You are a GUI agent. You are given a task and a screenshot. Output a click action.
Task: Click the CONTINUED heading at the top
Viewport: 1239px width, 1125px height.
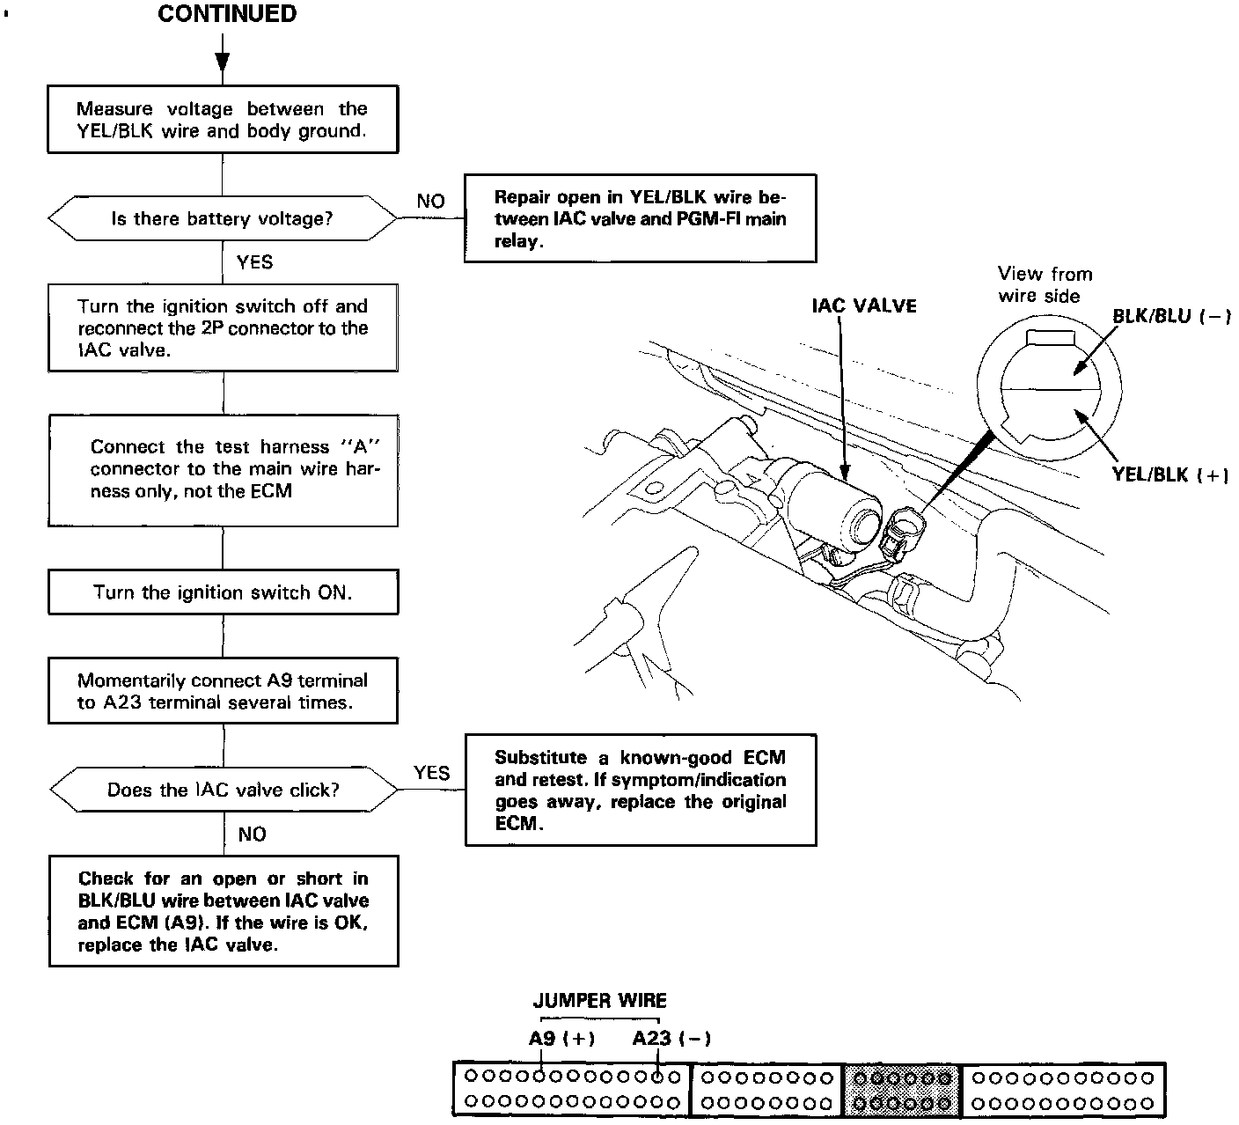tap(227, 14)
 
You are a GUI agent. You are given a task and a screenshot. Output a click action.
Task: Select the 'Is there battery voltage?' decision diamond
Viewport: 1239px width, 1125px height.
tap(222, 218)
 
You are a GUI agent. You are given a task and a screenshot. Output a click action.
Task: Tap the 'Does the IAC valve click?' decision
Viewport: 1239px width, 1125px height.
tap(223, 790)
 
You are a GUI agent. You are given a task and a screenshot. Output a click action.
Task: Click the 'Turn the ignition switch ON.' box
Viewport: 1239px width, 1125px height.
tap(223, 592)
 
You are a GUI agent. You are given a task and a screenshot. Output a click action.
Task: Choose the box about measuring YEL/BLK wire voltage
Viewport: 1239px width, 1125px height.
tap(222, 120)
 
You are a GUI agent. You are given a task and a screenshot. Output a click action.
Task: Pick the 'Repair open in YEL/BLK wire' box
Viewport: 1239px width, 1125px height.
tap(640, 218)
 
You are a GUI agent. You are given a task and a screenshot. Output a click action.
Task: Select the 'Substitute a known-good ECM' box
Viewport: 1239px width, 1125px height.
tap(640, 790)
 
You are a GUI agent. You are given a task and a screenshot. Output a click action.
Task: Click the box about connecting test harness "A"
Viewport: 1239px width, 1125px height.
tap(223, 469)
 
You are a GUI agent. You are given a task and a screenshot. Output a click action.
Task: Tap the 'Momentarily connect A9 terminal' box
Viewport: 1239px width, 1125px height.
tap(223, 691)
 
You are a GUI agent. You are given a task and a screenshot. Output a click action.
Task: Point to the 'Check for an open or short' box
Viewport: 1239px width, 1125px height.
tap(223, 910)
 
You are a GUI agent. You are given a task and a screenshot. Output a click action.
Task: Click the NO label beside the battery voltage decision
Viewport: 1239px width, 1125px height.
tap(430, 202)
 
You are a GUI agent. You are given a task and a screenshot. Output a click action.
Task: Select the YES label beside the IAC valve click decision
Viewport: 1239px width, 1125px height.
tap(431, 773)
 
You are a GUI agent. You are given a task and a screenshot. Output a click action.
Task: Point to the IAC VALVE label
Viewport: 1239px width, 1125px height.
tap(863, 305)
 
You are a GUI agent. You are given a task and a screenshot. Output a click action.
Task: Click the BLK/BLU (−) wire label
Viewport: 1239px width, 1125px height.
tap(1170, 316)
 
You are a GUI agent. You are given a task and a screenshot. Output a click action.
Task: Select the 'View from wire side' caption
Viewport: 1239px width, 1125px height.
tap(1045, 284)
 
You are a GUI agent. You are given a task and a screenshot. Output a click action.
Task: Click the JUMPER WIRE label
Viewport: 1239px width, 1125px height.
tap(599, 1000)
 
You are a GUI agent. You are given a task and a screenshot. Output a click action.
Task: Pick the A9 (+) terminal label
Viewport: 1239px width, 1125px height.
tap(561, 1038)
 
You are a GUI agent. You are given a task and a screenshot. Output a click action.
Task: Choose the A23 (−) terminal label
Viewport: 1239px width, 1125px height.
tap(671, 1038)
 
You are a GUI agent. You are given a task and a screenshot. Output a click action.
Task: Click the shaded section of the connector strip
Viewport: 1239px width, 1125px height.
tap(903, 1090)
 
